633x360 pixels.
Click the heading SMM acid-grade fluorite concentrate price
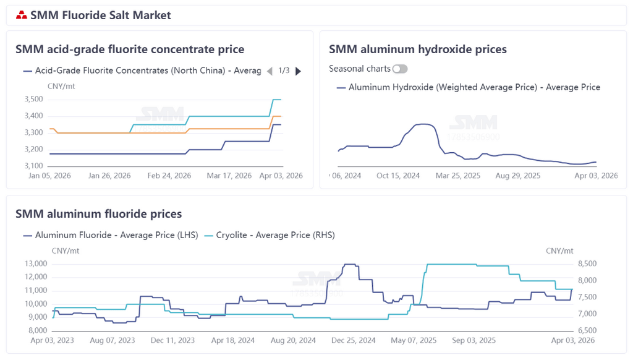pyautogui.click(x=130, y=49)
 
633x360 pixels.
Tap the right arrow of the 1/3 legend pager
pyautogui.click(x=299, y=71)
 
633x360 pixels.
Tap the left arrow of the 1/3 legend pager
pyautogui.click(x=269, y=71)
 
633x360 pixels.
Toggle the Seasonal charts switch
pyautogui.click(x=400, y=69)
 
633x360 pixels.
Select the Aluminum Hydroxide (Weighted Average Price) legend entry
pyautogui.click(x=468, y=87)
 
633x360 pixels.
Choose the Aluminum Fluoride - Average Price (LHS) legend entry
pyautogui.click(x=111, y=235)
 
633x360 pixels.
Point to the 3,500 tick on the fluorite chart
pyautogui.click(x=34, y=100)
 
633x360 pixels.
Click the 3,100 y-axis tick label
pyautogui.click(x=34, y=166)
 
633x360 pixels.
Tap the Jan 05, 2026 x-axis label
pyautogui.click(x=51, y=176)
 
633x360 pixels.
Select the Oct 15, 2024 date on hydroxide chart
pyautogui.click(x=398, y=176)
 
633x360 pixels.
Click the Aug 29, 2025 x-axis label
pyautogui.click(x=518, y=176)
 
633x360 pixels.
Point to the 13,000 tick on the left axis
pyautogui.click(x=35, y=264)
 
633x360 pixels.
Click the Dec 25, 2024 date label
pyautogui.click(x=353, y=340)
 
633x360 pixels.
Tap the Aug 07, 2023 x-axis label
pyautogui.click(x=113, y=340)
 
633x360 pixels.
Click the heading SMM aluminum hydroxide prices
pyautogui.click(x=418, y=49)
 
